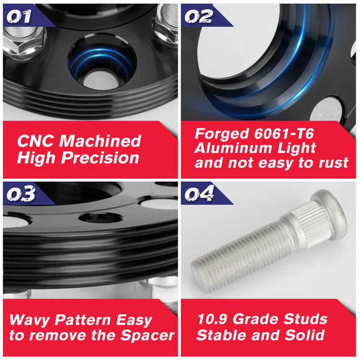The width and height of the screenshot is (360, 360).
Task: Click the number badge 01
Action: point(19,16)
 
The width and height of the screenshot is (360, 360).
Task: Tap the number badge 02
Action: point(199,16)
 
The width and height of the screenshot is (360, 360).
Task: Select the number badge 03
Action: point(21,194)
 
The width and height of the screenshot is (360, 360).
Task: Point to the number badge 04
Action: point(199,194)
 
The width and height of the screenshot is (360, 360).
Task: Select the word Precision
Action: point(100,158)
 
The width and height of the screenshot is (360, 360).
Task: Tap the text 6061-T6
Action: point(284,133)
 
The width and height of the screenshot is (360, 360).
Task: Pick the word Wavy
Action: point(29,320)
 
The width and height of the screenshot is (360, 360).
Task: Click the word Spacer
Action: point(147,336)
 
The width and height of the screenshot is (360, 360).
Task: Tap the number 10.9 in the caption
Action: point(213,319)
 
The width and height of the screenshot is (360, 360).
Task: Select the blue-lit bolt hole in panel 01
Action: point(102,61)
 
